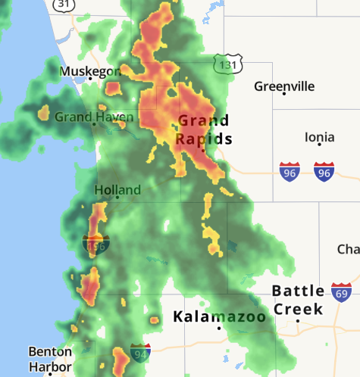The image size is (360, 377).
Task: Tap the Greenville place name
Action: coord(284,86)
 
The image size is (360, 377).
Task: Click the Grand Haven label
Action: coord(94,117)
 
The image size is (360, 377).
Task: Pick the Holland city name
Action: coord(117,189)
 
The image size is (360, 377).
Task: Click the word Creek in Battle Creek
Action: coord(298,309)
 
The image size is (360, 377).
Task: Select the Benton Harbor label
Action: coord(50,359)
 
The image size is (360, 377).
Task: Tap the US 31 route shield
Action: coord(64,4)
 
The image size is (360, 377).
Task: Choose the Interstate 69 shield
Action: coord(342,292)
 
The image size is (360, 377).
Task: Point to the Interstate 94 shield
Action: coord(140,352)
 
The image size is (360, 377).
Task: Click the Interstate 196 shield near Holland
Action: coord(95,245)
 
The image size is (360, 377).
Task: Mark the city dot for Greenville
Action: coord(284,94)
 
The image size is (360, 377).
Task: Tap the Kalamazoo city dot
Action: coord(219,328)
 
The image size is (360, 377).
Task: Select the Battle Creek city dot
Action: coord(298,320)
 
